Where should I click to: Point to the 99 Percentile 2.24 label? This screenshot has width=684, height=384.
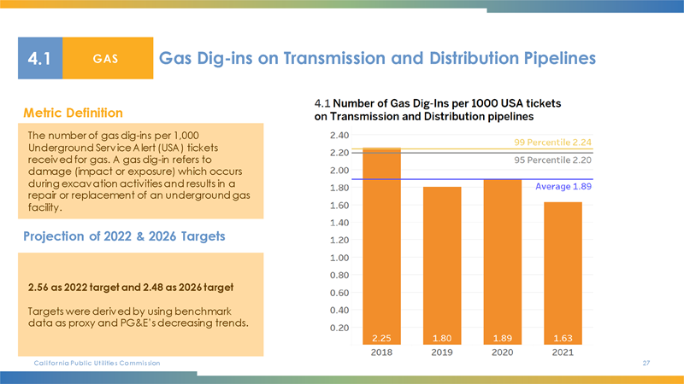tap(553, 143)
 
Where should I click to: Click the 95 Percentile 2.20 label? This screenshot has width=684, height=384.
tap(553, 160)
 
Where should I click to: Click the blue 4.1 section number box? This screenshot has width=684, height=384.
tap(40, 59)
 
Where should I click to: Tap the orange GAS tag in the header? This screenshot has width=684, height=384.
tap(106, 59)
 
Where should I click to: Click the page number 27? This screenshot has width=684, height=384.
tap(646, 364)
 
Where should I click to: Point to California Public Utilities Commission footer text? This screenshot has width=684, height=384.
tap(96, 364)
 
